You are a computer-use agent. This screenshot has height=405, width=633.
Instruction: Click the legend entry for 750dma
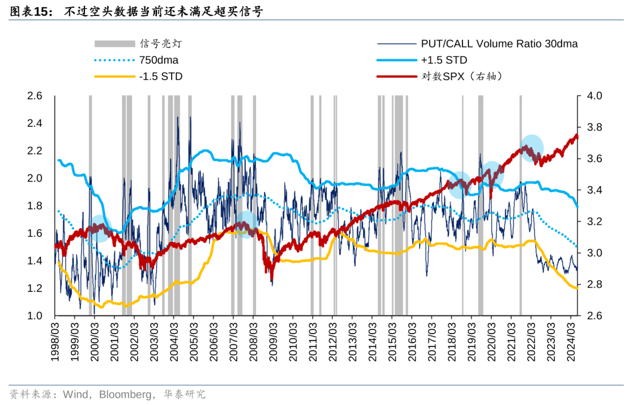tap(159, 60)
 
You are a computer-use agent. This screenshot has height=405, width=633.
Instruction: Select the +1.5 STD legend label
tap(444, 60)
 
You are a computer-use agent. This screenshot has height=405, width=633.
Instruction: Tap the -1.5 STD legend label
tap(161, 76)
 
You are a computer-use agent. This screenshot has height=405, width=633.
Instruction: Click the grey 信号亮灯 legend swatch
tap(114, 43)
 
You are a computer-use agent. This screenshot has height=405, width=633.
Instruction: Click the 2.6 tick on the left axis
tap(35, 96)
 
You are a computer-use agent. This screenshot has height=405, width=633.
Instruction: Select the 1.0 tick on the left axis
tap(35, 316)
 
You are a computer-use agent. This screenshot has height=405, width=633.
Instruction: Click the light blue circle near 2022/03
tap(532, 147)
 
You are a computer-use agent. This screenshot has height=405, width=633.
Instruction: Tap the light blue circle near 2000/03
tap(100, 228)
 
